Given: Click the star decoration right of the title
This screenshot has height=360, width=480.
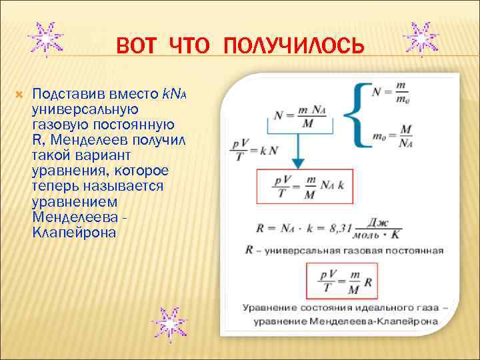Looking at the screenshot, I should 422,39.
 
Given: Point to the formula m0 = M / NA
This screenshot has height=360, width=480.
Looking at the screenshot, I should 389,136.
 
